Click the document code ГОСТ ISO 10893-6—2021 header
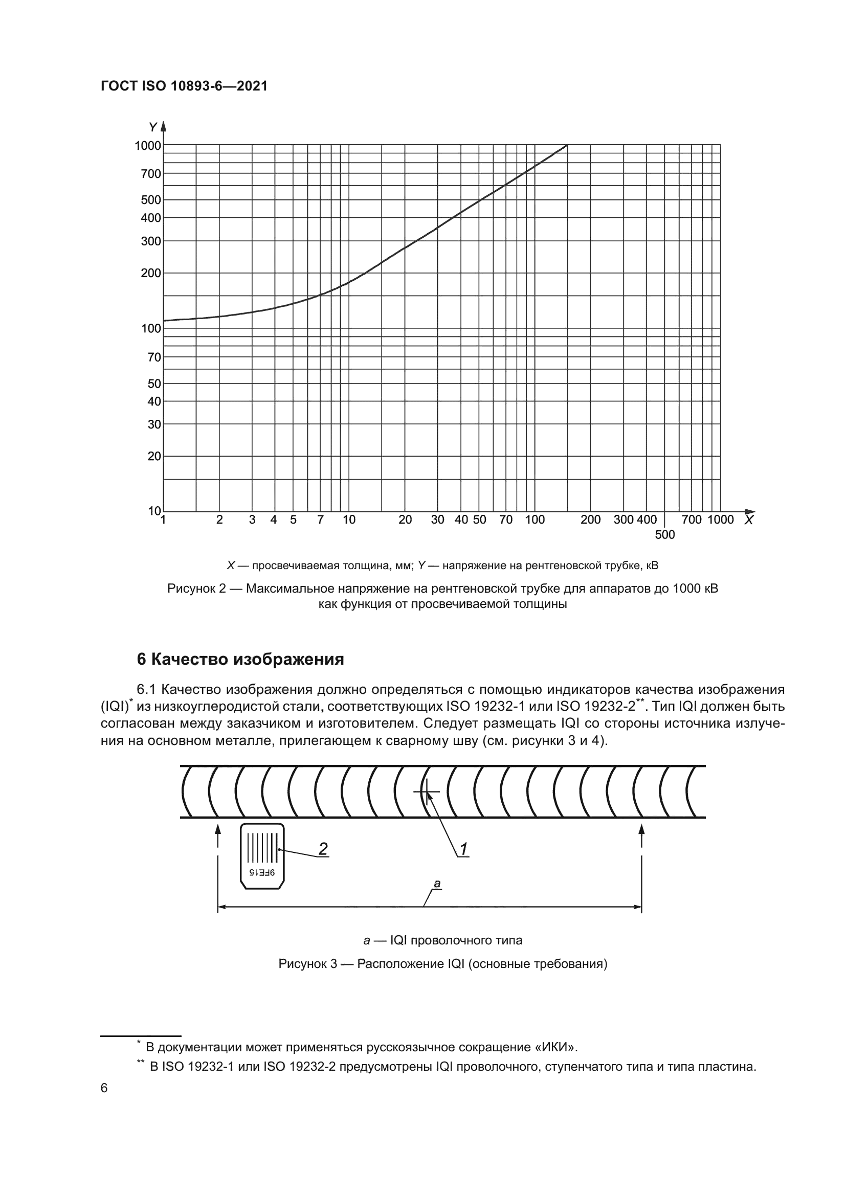tap(184, 86)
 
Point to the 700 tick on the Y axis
tap(151, 174)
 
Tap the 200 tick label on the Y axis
tap(151, 273)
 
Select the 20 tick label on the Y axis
tap(154, 456)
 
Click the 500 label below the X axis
tap(665, 535)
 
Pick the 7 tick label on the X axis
tap(320, 520)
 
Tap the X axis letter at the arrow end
tap(749, 520)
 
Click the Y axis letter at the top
tap(152, 127)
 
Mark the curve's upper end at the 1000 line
tap(567, 145)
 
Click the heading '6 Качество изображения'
tap(240, 660)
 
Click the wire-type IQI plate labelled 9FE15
tap(262, 856)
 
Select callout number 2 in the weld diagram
tap(323, 849)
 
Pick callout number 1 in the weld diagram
tap(463, 849)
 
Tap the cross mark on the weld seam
tap(427, 792)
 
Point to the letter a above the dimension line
tap(437, 884)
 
